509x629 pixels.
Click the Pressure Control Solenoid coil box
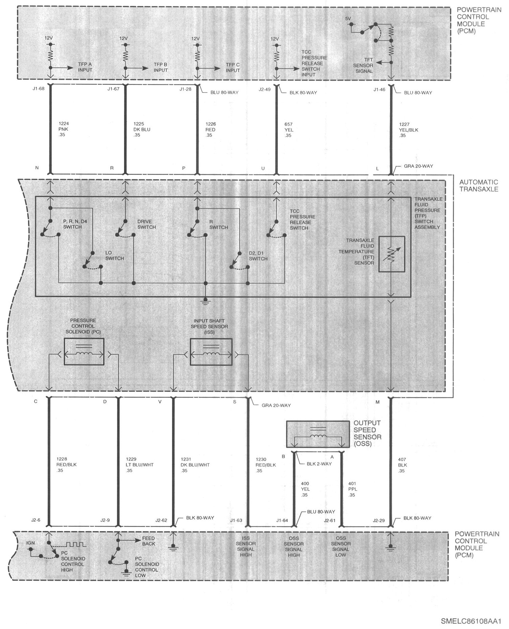(84, 352)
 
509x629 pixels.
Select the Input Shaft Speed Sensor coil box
(211, 352)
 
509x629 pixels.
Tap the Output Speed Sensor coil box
(318, 434)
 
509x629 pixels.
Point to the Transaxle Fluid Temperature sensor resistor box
(392, 254)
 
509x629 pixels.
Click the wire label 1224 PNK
(64, 129)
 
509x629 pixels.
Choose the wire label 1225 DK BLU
(142, 129)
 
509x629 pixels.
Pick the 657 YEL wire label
(289, 130)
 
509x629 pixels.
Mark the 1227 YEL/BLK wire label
(409, 130)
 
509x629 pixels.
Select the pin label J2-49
(265, 89)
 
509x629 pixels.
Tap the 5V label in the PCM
(348, 19)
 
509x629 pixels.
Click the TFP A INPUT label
(85, 67)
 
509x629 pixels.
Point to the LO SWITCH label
(115, 256)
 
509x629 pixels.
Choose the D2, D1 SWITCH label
(258, 256)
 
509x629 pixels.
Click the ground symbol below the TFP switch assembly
(205, 300)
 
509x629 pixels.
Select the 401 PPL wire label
(353, 489)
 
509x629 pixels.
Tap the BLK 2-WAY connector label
(319, 464)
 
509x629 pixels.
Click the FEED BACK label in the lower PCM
(149, 541)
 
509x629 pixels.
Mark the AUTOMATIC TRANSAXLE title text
(479, 186)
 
